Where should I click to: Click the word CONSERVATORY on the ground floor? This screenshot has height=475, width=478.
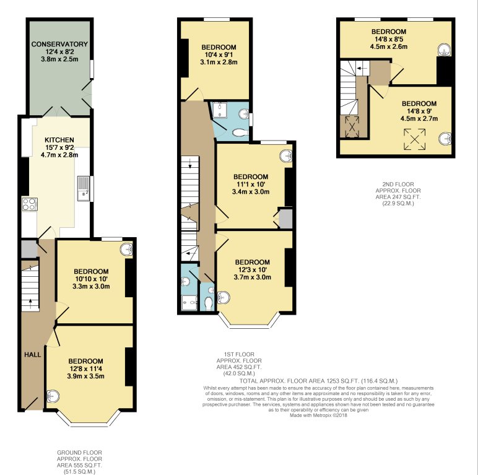tap(60, 44)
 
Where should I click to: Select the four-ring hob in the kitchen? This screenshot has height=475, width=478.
tap(29, 205)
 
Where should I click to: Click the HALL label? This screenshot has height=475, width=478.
tap(32, 355)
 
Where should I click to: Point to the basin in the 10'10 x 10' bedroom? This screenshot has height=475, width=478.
tap(126, 250)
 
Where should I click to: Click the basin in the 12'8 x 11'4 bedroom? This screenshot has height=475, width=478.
tap(54, 396)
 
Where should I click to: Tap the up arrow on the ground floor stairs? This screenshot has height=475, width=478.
tap(28, 303)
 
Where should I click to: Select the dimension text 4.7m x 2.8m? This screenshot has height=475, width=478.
tap(59, 155)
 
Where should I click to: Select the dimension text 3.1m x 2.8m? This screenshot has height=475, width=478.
tap(218, 63)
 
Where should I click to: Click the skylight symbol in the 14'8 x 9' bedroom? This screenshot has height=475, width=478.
tap(414, 139)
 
